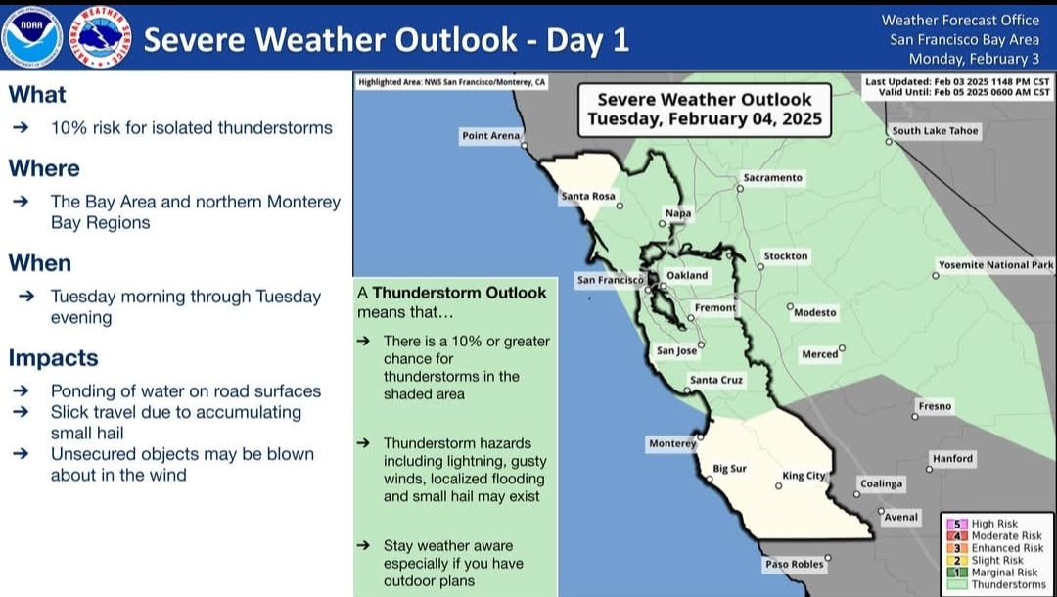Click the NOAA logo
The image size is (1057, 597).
[31, 37]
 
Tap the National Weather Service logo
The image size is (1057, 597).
[101, 37]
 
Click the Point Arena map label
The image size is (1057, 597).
[490, 135]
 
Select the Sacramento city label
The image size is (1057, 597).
[772, 178]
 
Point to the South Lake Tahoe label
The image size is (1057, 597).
[935, 131]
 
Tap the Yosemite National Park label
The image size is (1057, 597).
[995, 265]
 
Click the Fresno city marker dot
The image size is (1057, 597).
[915, 416]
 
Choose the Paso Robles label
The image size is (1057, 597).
[794, 564]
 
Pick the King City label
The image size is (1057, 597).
[804, 475]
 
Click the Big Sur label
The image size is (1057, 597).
[729, 468]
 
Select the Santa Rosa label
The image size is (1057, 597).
[588, 196]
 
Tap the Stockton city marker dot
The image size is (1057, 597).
[760, 267]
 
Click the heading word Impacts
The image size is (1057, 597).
[53, 358]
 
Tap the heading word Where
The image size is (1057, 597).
[44, 168]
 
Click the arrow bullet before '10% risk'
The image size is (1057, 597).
[21, 127]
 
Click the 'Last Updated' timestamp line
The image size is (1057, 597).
[957, 81]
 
